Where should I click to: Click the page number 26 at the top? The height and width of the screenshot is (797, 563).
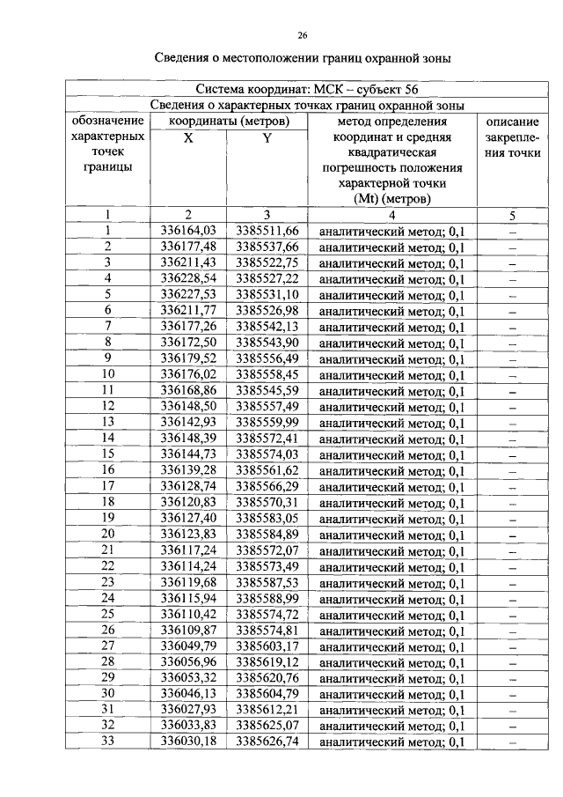coord(303,35)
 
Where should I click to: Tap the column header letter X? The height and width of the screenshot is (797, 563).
coord(188,138)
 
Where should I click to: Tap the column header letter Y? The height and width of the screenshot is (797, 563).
coord(267,138)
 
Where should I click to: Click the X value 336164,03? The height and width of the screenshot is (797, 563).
coord(188,232)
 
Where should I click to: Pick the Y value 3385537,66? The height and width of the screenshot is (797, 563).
coord(267,247)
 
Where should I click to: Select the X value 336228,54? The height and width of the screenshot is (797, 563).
coord(188,278)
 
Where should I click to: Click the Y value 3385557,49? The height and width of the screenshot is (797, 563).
coord(267,406)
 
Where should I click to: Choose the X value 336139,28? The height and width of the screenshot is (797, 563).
coord(188,469)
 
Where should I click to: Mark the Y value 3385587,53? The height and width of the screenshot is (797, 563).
coord(267,582)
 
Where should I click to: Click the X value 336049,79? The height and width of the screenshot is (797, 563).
coord(188,646)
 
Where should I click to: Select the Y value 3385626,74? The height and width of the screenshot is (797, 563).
coord(267,742)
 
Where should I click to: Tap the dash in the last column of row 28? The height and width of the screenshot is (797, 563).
coord(512,662)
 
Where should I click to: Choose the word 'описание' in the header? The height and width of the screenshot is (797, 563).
coord(512,122)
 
